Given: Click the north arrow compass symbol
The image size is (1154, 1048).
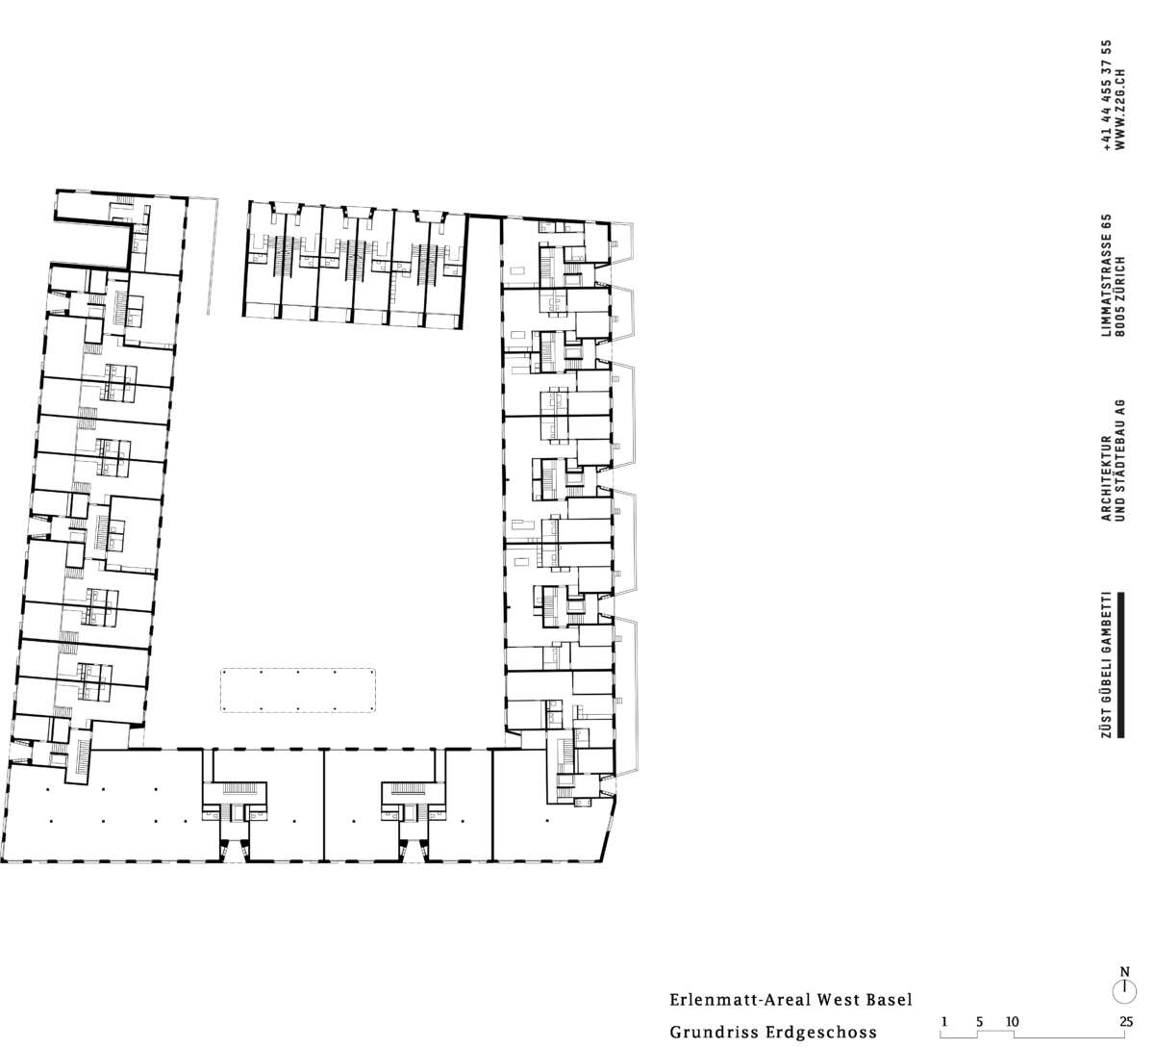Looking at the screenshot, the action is [1124, 991].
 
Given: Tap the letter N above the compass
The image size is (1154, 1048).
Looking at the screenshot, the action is [1125, 972].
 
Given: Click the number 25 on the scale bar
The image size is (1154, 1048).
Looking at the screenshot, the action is [1126, 1021].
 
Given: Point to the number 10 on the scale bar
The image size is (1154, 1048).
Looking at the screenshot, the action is [1012, 1021].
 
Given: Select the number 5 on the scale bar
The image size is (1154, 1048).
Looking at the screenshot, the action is [980, 1021].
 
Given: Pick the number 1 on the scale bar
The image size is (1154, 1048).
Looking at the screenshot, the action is [944, 1021].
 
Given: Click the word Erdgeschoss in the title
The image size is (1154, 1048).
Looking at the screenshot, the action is [821, 1033].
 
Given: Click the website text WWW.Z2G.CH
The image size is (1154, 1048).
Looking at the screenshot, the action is [1119, 110].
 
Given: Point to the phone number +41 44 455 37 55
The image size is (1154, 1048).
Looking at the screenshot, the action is [1107, 95].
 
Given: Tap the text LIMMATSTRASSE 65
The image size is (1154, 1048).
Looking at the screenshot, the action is [1106, 275].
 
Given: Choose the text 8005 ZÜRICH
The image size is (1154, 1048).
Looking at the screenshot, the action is [1119, 296].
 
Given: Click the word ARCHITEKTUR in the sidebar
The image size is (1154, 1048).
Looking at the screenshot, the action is [1106, 478].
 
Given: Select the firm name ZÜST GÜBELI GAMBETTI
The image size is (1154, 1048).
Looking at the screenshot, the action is [1105, 665].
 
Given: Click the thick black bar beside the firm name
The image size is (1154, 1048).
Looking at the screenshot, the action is [1120, 665].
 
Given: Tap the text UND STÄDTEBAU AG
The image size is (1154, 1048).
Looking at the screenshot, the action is [1119, 461].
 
